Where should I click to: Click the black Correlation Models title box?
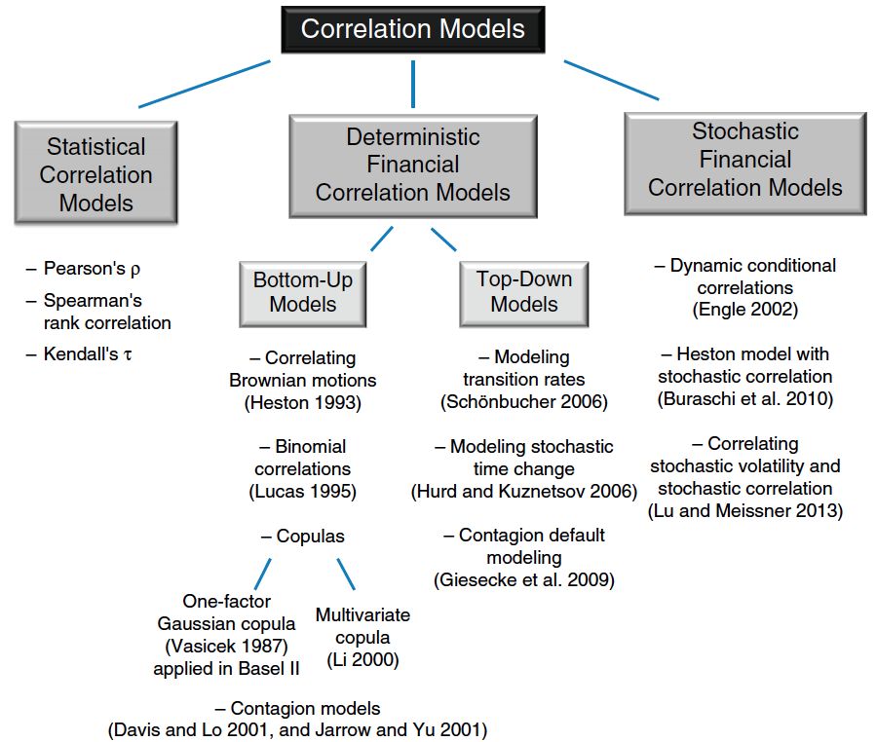coord(412,28)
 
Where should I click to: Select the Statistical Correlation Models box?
coord(95,174)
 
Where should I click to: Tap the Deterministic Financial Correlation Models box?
coord(412,165)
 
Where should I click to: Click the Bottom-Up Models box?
coord(303,292)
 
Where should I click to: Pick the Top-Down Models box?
coord(524,292)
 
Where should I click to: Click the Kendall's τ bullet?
coord(87,354)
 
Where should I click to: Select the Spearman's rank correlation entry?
coord(105,312)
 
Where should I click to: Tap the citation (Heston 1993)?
coord(303,401)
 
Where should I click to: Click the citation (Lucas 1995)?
coord(303,492)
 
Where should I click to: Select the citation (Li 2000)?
coord(362,660)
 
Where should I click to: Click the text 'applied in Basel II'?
coord(226,669)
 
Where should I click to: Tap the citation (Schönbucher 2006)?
coord(523,401)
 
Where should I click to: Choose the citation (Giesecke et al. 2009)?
coord(523,580)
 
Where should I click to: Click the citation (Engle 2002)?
coord(744,310)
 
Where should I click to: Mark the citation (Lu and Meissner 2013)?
coord(744,510)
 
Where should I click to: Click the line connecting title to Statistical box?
coord(205,84)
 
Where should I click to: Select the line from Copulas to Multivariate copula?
coord(347,574)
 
